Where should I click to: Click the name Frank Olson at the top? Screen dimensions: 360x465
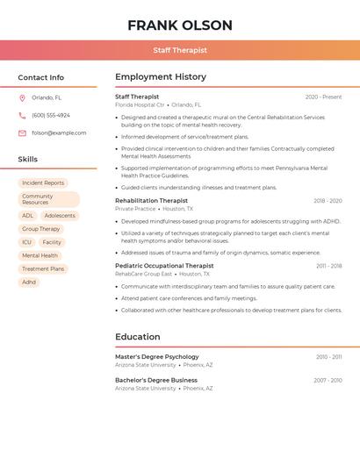coord(180,25)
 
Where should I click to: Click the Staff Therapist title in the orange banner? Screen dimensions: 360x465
coord(180,50)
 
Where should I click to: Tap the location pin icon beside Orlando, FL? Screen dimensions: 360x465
coord(22,97)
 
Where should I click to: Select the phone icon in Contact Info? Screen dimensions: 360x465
coord(22,115)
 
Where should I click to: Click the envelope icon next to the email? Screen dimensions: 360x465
coord(22,132)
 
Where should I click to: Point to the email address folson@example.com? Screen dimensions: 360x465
coord(59,132)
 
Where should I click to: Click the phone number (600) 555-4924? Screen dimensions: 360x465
coord(51,115)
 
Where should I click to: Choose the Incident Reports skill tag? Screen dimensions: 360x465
coord(43,182)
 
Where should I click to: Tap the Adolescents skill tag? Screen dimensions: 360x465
coord(60,215)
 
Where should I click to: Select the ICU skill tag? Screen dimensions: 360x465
coord(26,242)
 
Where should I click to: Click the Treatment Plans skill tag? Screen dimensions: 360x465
coord(43,268)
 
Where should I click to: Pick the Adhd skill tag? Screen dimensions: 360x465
coord(29,282)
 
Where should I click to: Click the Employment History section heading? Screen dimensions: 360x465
coord(161,76)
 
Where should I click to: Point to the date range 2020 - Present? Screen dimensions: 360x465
coord(323,97)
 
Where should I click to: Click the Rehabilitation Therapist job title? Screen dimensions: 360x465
coord(151,200)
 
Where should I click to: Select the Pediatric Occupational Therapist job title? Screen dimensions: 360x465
coord(164,265)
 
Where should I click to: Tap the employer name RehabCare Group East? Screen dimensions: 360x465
coord(143,274)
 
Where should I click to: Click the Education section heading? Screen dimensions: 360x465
coord(138,336)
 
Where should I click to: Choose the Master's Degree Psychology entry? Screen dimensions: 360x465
coord(157,356)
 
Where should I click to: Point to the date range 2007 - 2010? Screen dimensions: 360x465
coord(328,380)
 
